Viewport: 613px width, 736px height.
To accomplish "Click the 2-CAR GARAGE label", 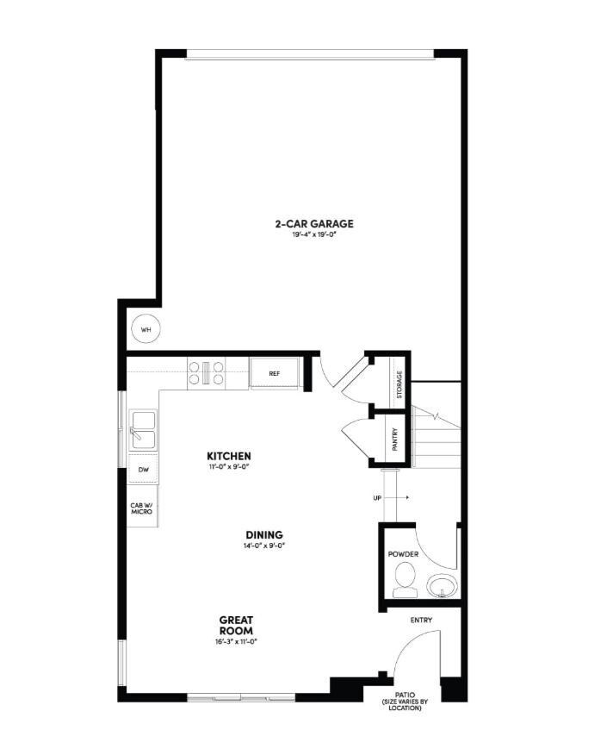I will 314,224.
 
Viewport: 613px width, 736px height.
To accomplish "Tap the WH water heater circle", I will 146,330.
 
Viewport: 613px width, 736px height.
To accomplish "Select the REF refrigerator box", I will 275,374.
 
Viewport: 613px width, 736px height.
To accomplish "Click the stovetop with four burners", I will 207,373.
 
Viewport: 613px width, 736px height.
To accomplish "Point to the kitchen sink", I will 143,430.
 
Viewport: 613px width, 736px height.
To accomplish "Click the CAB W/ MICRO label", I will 141,509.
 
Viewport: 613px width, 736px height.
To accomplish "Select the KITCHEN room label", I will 229,455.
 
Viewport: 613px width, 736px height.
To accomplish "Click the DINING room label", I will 263,534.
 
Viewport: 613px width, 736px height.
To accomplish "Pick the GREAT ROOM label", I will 235,625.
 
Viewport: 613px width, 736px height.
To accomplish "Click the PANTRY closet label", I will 394,440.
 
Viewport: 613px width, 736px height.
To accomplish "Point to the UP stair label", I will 378,498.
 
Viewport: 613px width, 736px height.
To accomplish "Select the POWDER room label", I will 403,554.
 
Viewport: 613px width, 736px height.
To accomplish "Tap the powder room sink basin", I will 443,586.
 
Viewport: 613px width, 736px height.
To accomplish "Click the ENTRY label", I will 422,620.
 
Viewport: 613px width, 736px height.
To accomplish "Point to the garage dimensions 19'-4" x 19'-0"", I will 313,235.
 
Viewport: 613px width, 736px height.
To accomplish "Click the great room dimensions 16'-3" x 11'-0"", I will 237,641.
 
